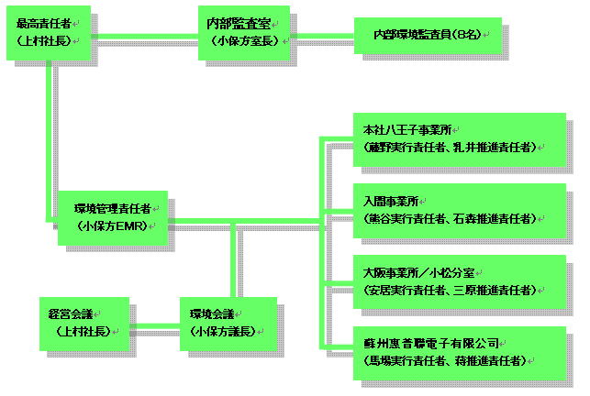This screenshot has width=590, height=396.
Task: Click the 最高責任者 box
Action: pyautogui.click(x=49, y=32)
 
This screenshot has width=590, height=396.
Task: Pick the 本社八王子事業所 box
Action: pyautogui.click(x=459, y=138)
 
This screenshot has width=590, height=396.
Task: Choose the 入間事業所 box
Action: pyautogui.click(x=459, y=210)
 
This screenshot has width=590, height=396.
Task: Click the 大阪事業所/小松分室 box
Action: pyautogui.click(x=459, y=280)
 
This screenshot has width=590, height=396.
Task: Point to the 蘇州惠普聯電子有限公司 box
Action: pyautogui.click(x=459, y=351)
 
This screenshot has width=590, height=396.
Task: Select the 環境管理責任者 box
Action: pyautogui.click(x=113, y=217)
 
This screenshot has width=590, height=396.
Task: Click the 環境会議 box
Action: pyautogui.click(x=227, y=322)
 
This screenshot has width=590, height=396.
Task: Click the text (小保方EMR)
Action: pyautogui.click(x=114, y=225)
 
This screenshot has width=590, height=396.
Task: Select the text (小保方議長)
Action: pyautogui.click(x=226, y=331)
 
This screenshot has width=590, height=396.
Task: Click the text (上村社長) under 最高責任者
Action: pyautogui.click(x=48, y=41)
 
